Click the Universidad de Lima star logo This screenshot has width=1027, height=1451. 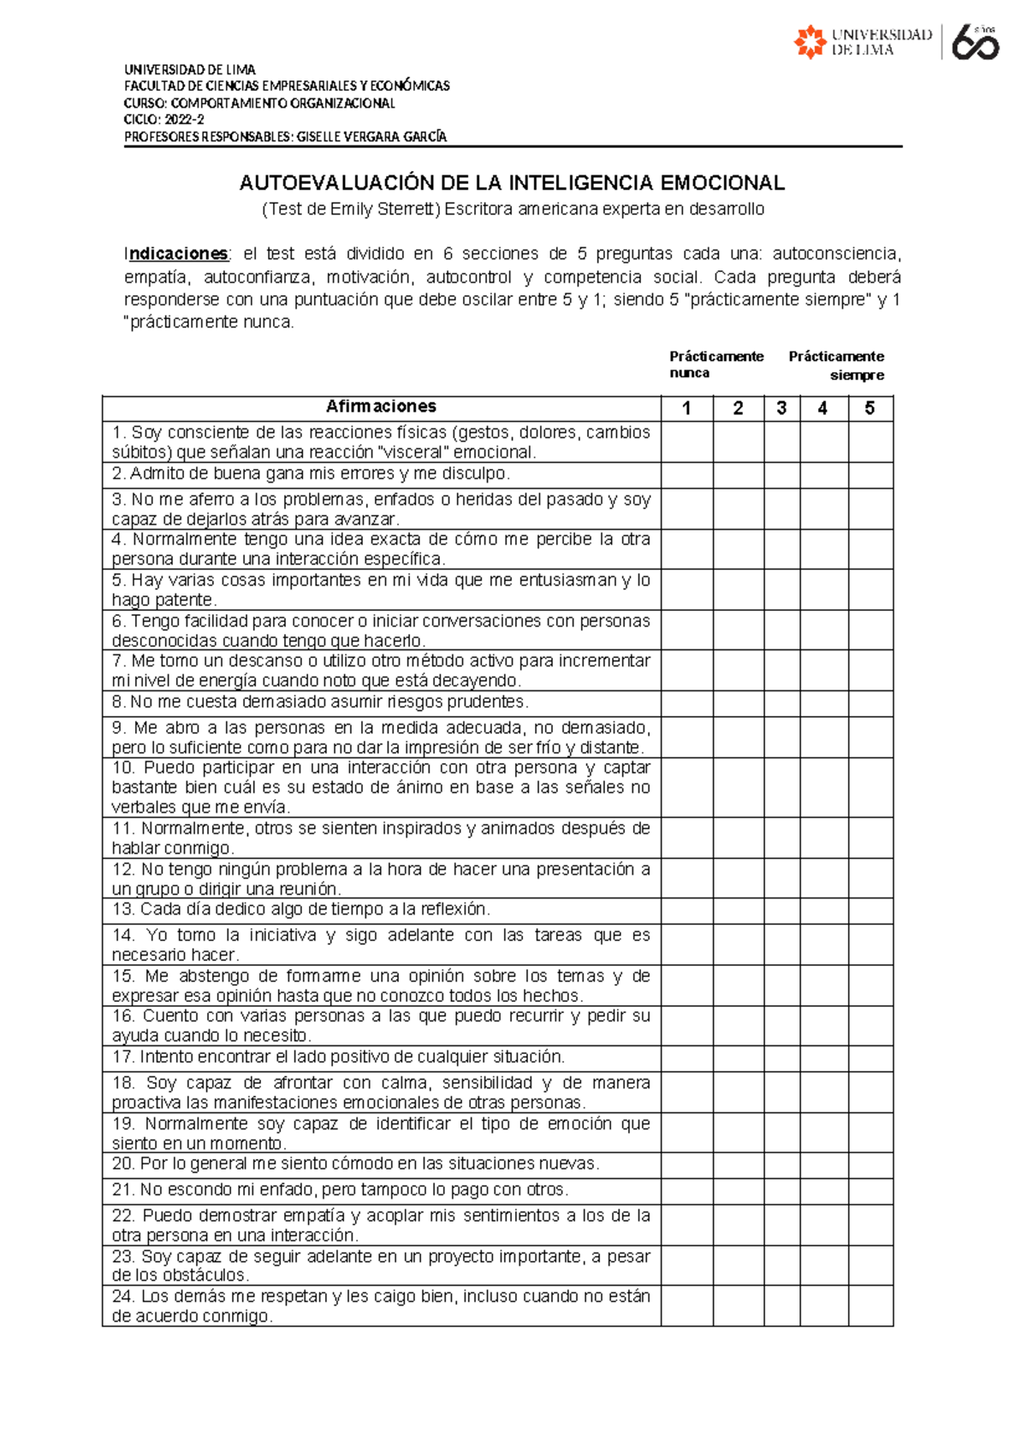click(810, 42)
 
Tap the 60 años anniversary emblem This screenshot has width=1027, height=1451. click(975, 42)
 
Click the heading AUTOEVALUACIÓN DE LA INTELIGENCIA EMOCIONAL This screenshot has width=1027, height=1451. click(512, 183)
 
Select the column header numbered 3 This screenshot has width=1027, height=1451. click(781, 408)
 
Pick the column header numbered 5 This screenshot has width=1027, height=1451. click(870, 408)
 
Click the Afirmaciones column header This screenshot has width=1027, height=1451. click(381, 406)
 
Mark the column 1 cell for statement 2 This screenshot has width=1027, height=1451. click(686, 475)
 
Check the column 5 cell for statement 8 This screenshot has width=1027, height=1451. click(870, 703)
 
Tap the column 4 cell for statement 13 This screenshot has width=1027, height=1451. click(823, 910)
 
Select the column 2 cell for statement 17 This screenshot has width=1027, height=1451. click(738, 1058)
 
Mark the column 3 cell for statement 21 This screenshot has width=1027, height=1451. click(781, 1191)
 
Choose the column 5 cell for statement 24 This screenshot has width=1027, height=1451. click(870, 1306)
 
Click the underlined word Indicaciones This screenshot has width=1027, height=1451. click(177, 254)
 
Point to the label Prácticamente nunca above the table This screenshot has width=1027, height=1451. click(715, 364)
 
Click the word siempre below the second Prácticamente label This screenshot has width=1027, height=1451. click(857, 376)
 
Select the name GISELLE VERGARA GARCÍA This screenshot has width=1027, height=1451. click(371, 137)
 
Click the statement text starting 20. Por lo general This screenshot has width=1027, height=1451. click(355, 1164)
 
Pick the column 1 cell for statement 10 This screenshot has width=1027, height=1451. click(686, 787)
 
